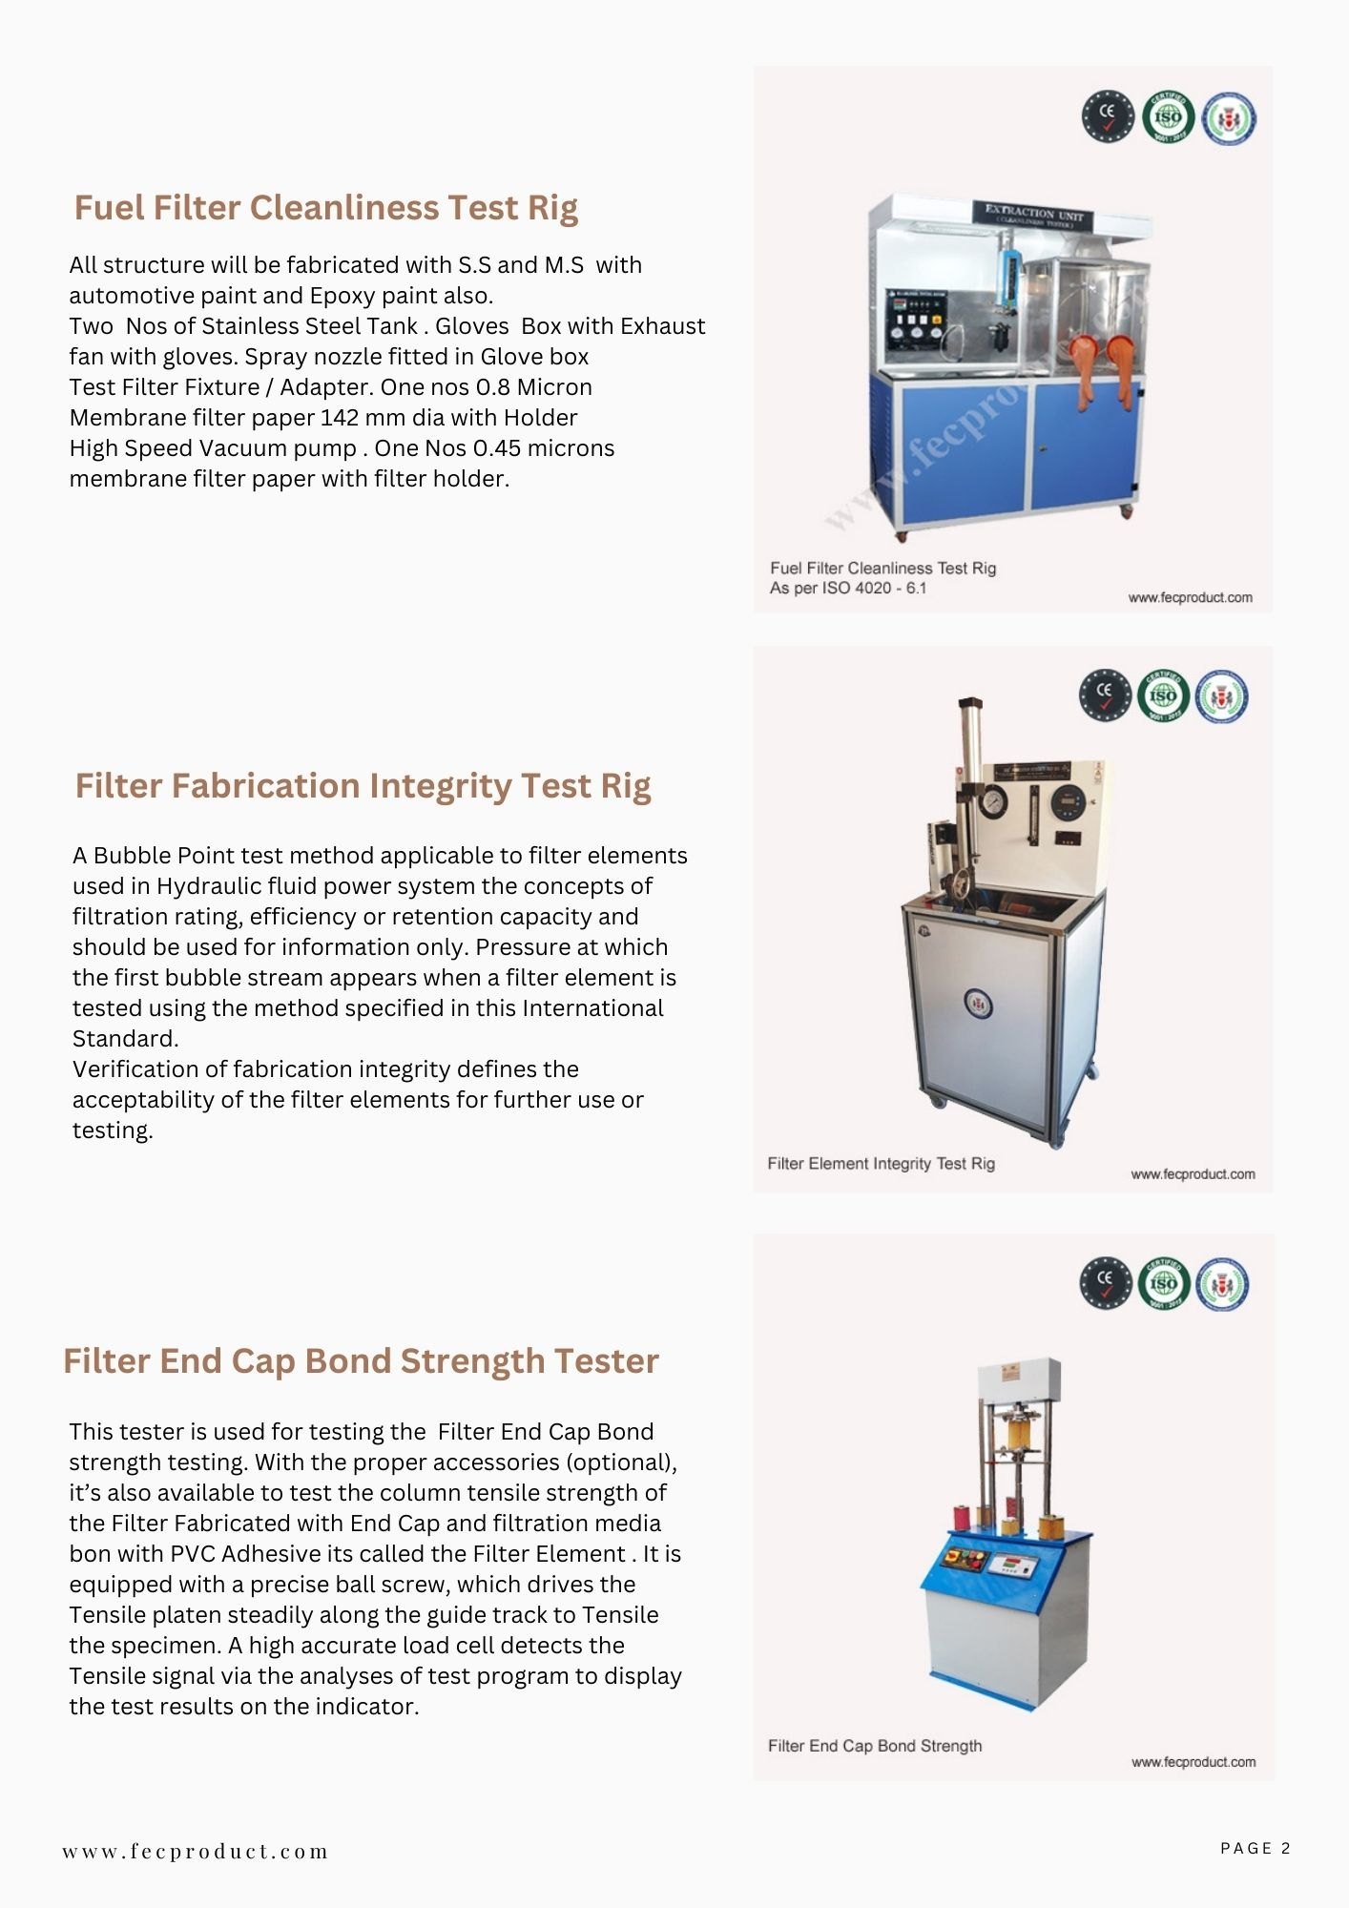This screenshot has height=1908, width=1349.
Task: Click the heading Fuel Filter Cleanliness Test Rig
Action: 325,208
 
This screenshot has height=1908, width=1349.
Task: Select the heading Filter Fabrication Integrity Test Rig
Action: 363,786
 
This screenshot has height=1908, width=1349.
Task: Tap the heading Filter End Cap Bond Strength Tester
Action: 361,1361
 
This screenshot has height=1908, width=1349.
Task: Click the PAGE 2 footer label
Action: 1255,1848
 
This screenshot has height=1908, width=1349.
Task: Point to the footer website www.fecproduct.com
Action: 196,1852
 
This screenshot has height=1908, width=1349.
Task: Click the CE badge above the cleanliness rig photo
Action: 1108,116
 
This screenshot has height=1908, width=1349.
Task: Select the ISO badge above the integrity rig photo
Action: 1163,695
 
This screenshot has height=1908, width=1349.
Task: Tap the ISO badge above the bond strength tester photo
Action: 1164,1283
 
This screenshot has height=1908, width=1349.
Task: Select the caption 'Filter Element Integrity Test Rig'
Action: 881,1164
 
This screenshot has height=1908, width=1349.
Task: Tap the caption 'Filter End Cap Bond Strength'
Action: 874,1746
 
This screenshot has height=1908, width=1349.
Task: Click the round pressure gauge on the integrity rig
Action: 993,800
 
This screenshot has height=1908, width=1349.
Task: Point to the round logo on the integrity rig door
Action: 978,1004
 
